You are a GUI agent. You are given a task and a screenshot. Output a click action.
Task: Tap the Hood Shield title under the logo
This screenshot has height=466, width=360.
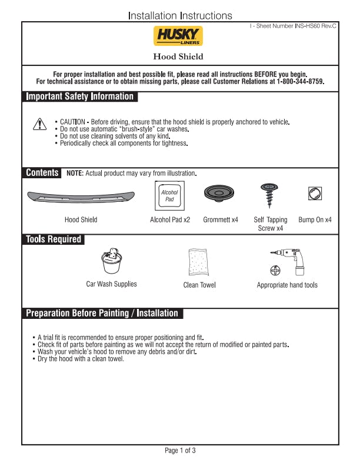pyautogui.click(x=178, y=56)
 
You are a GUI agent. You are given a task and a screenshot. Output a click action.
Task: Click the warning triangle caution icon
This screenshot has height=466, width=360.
pyautogui.click(x=39, y=124)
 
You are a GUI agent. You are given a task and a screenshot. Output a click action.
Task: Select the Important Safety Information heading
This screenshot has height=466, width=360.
pyautogui.click(x=80, y=96)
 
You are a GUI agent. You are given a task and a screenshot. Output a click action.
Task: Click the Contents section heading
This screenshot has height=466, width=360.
pyautogui.click(x=42, y=173)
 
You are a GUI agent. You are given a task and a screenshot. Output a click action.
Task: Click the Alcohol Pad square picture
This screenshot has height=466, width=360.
pyautogui.click(x=169, y=195)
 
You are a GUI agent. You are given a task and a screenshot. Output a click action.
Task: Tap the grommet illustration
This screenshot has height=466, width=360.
pyautogui.click(x=220, y=194)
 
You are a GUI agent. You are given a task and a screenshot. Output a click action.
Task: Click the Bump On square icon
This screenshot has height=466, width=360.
pyautogui.click(x=315, y=193)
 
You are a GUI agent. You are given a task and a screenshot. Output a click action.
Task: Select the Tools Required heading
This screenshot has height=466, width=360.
pyautogui.click(x=53, y=239)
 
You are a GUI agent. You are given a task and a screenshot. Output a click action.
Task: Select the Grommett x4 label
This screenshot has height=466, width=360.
pyautogui.click(x=221, y=219)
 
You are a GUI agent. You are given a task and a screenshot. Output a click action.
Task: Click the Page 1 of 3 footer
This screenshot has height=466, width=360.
pyautogui.click(x=180, y=451)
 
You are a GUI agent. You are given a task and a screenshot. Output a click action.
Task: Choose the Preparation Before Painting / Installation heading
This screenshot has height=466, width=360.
pyautogui.click(x=102, y=314)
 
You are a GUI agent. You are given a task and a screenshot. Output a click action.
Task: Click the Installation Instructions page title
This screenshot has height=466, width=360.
pyautogui.click(x=180, y=16)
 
